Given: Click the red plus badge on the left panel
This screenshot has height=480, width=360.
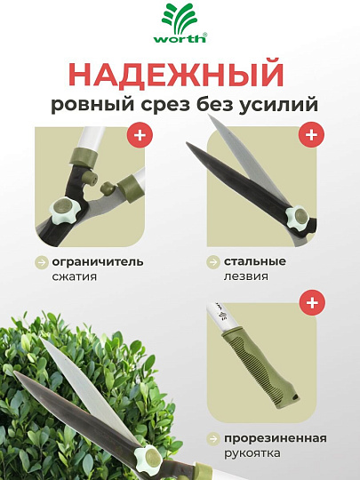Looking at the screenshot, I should [138, 136].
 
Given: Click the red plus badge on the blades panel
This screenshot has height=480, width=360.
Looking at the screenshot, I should [310, 136].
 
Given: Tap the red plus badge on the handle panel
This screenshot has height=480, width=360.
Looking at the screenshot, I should [310, 303].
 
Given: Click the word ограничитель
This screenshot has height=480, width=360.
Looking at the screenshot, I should [97, 262].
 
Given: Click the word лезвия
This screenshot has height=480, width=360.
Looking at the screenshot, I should [244, 276].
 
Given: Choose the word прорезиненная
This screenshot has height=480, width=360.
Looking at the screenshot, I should [276, 438].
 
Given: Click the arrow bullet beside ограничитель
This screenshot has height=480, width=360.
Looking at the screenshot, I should [41, 262].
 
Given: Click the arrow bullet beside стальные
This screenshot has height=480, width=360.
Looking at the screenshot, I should [213, 262].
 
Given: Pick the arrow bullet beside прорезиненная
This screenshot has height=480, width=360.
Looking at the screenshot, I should [213, 438].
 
